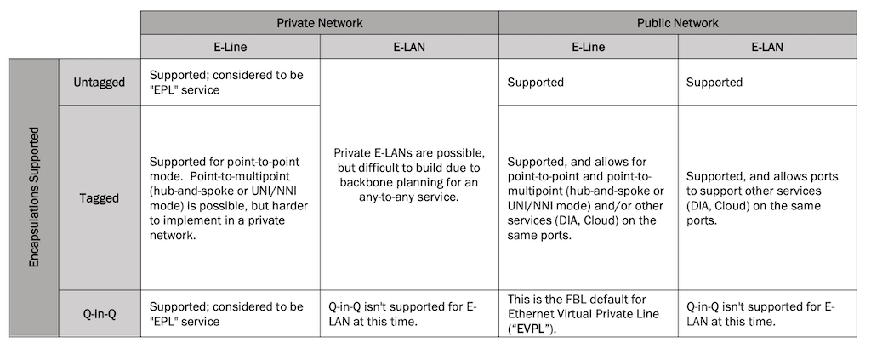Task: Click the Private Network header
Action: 320,23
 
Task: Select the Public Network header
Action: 677,23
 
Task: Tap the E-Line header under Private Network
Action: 230,47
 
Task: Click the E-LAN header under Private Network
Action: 409,47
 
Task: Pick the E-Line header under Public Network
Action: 589,47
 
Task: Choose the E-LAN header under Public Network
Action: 767,47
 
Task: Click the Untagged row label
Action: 100,83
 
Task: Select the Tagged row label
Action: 100,197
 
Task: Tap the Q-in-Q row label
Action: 100,313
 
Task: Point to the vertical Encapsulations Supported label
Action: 34,197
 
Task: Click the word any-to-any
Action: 384,197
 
